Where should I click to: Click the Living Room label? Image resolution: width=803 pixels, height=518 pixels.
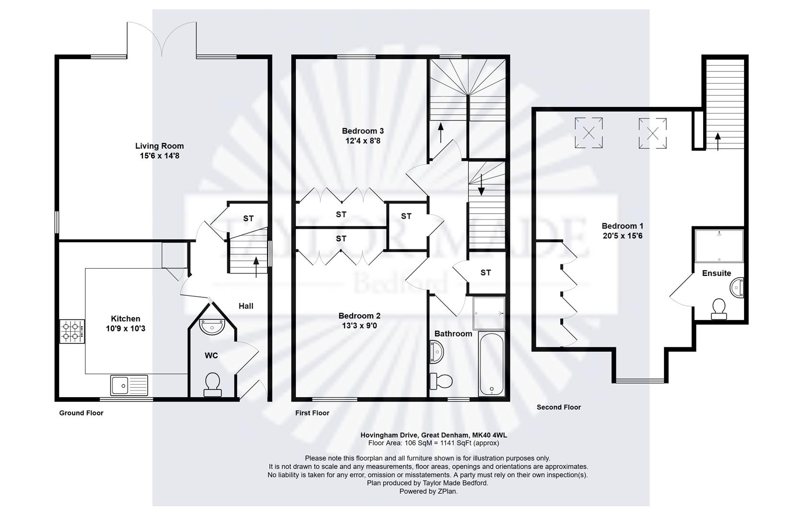click(159, 146)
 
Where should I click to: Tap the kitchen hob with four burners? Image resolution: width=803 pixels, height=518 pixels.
click(72, 331)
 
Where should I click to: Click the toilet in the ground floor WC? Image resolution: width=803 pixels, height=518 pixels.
click(213, 385)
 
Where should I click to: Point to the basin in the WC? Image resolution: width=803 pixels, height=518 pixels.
click(212, 327)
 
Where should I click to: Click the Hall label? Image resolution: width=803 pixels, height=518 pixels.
click(246, 306)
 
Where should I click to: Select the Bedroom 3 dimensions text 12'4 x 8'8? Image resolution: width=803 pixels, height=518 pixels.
click(363, 141)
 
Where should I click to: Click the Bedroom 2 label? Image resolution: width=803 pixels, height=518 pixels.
click(359, 316)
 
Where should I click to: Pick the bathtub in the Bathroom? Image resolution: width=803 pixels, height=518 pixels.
click(491, 365)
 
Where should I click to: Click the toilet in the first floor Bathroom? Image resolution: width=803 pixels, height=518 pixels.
click(441, 381)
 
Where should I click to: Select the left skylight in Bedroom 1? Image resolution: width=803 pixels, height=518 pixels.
click(589, 133)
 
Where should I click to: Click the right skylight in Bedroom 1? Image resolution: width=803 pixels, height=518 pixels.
click(652, 133)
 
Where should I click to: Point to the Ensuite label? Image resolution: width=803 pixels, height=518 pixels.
click(716, 273)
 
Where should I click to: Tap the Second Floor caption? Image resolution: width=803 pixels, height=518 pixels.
click(558, 407)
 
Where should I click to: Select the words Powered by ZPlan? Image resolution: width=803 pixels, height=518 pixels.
click(428, 491)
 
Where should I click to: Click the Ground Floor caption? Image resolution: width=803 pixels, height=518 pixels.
click(81, 413)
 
